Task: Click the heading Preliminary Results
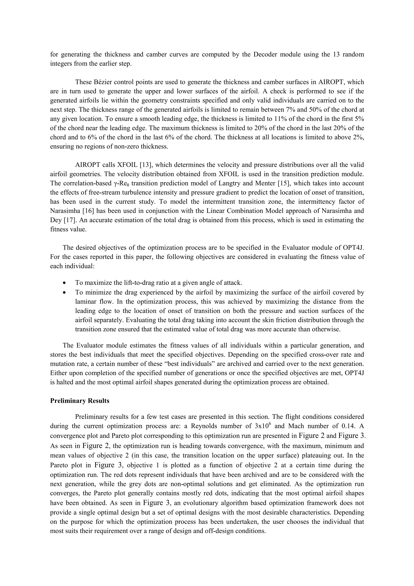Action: [80, 401]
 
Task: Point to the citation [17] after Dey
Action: [69, 220]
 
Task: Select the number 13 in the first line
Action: [337, 54]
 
